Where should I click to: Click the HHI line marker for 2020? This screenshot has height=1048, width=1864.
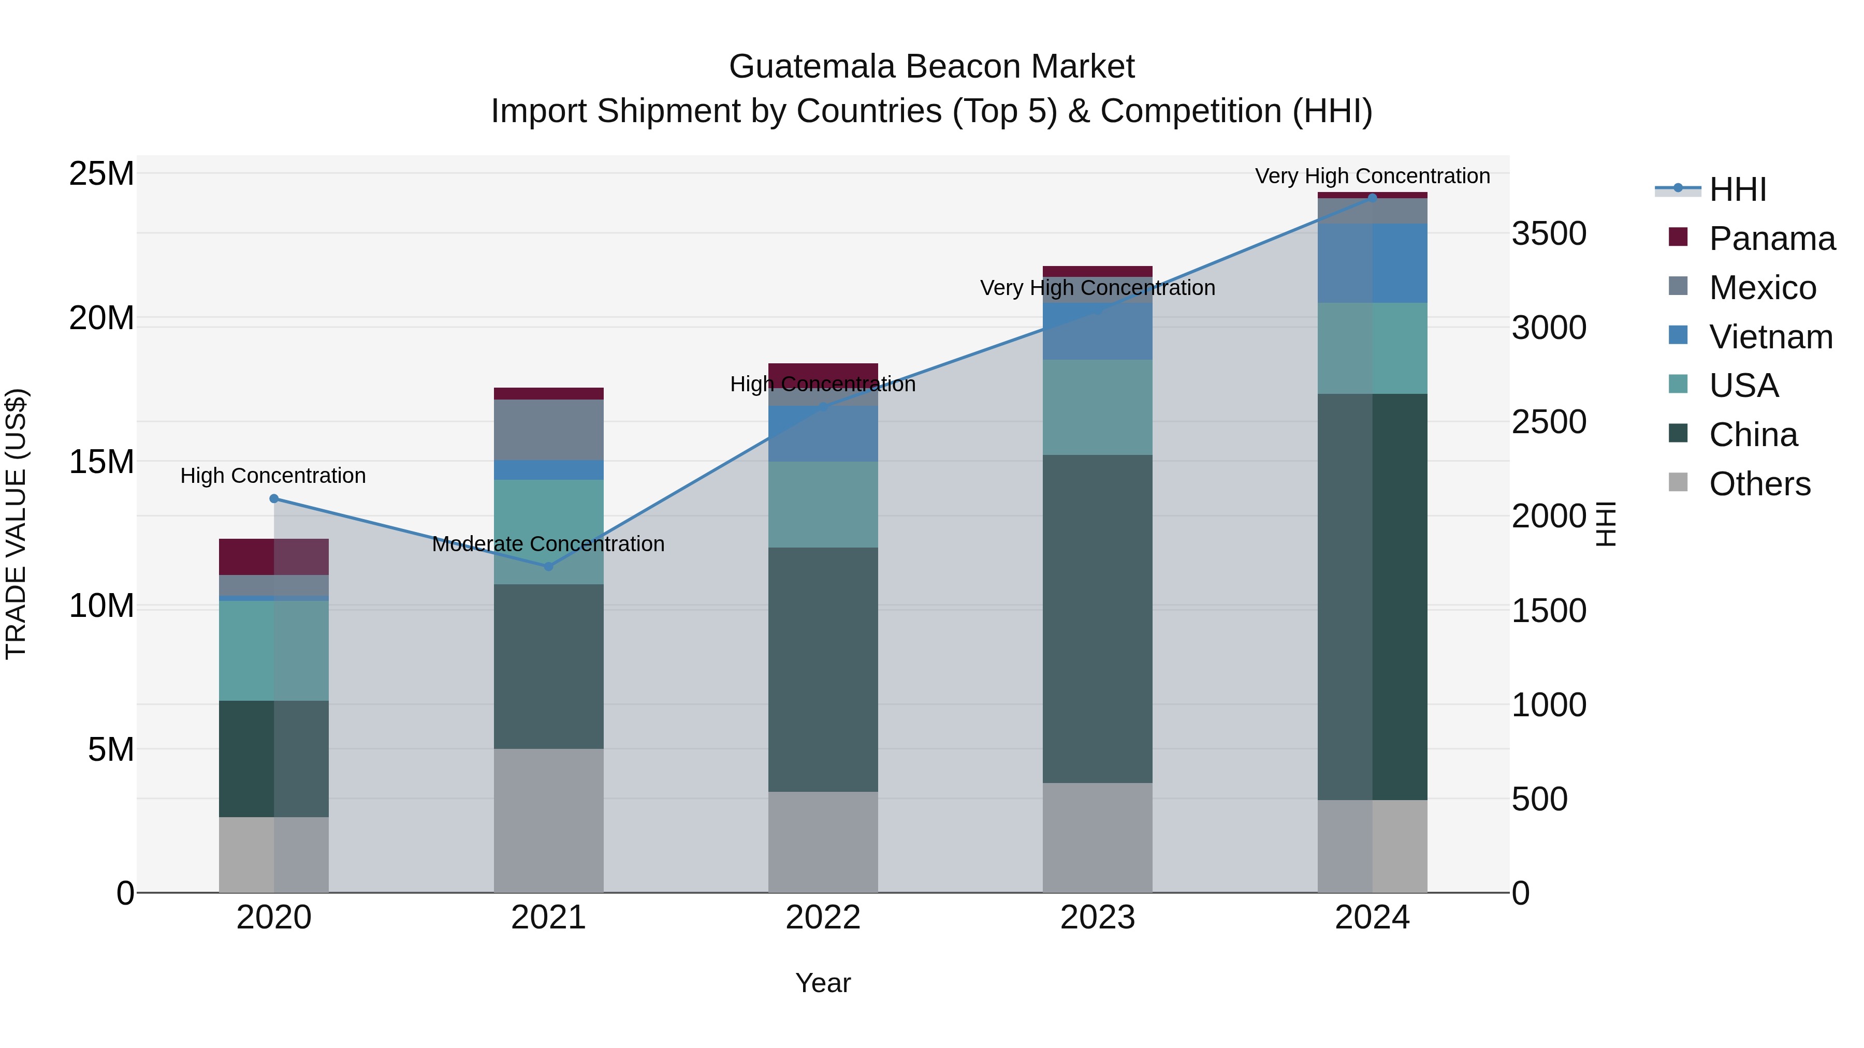(273, 498)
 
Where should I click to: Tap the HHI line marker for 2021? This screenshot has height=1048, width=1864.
(548, 566)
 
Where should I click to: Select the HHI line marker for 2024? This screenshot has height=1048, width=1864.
(1373, 198)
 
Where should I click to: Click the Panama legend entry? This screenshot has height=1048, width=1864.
(1771, 239)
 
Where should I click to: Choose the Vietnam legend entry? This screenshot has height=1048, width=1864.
(1770, 337)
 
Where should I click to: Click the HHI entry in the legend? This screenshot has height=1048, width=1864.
(1737, 189)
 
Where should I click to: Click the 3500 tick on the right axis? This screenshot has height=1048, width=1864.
(1549, 233)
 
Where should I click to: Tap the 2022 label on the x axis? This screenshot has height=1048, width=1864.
(823, 918)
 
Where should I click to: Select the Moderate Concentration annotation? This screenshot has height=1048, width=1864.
(548, 544)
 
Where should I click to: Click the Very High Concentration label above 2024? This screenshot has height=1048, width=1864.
(1372, 176)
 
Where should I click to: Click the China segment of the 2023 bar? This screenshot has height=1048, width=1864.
(1097, 618)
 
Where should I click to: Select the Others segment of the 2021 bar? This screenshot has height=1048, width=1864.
(548, 820)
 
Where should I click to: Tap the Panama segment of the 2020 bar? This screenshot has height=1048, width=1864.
(273, 556)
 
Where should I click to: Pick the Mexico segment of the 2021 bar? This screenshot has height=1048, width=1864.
(548, 430)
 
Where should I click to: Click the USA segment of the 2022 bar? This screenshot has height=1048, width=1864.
(823, 504)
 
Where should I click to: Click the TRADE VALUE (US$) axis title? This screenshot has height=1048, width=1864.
(16, 524)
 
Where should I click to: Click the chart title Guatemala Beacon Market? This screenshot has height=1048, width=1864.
(931, 67)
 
